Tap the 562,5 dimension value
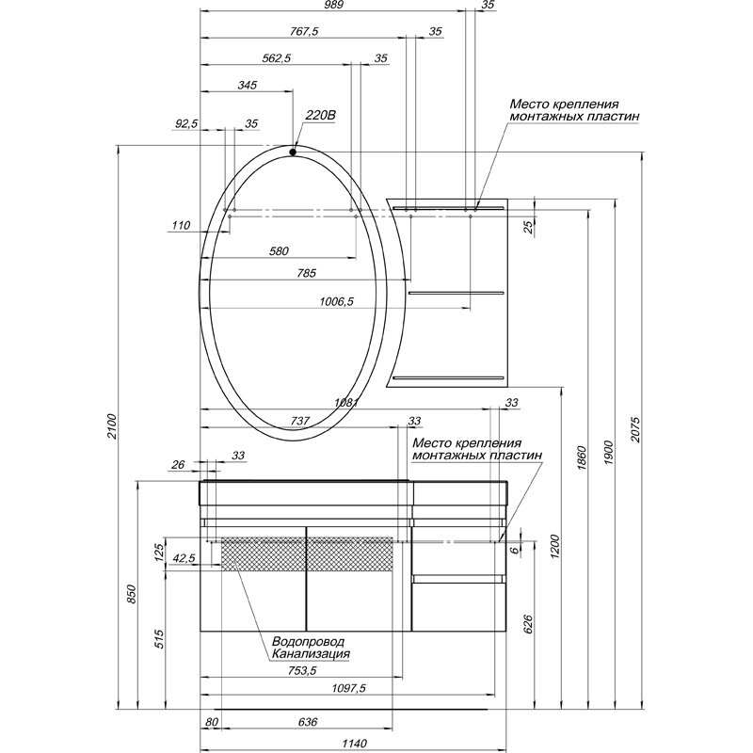tap(274, 58)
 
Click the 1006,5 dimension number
tap(335, 302)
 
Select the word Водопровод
tap(305, 640)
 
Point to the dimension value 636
tap(306, 722)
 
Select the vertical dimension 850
tap(133, 595)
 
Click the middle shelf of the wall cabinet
tap(455, 293)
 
